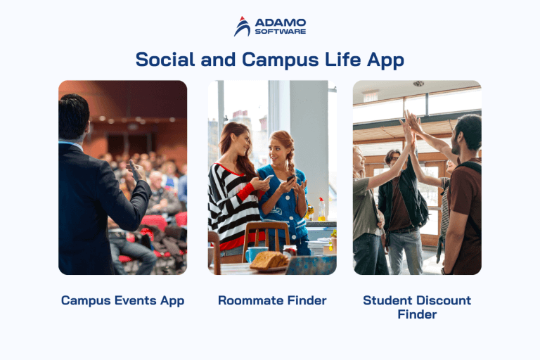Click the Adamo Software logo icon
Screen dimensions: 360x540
point(242,27)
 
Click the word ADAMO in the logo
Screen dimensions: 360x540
point(280,22)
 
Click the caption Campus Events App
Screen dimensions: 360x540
point(122,300)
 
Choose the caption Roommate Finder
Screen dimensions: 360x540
point(272,300)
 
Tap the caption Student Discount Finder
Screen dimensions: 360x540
point(417,307)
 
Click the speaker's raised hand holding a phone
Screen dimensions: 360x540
point(134,169)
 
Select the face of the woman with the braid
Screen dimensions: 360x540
point(280,149)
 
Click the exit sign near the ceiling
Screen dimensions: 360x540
point(371,96)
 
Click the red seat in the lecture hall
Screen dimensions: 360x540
point(153,224)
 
